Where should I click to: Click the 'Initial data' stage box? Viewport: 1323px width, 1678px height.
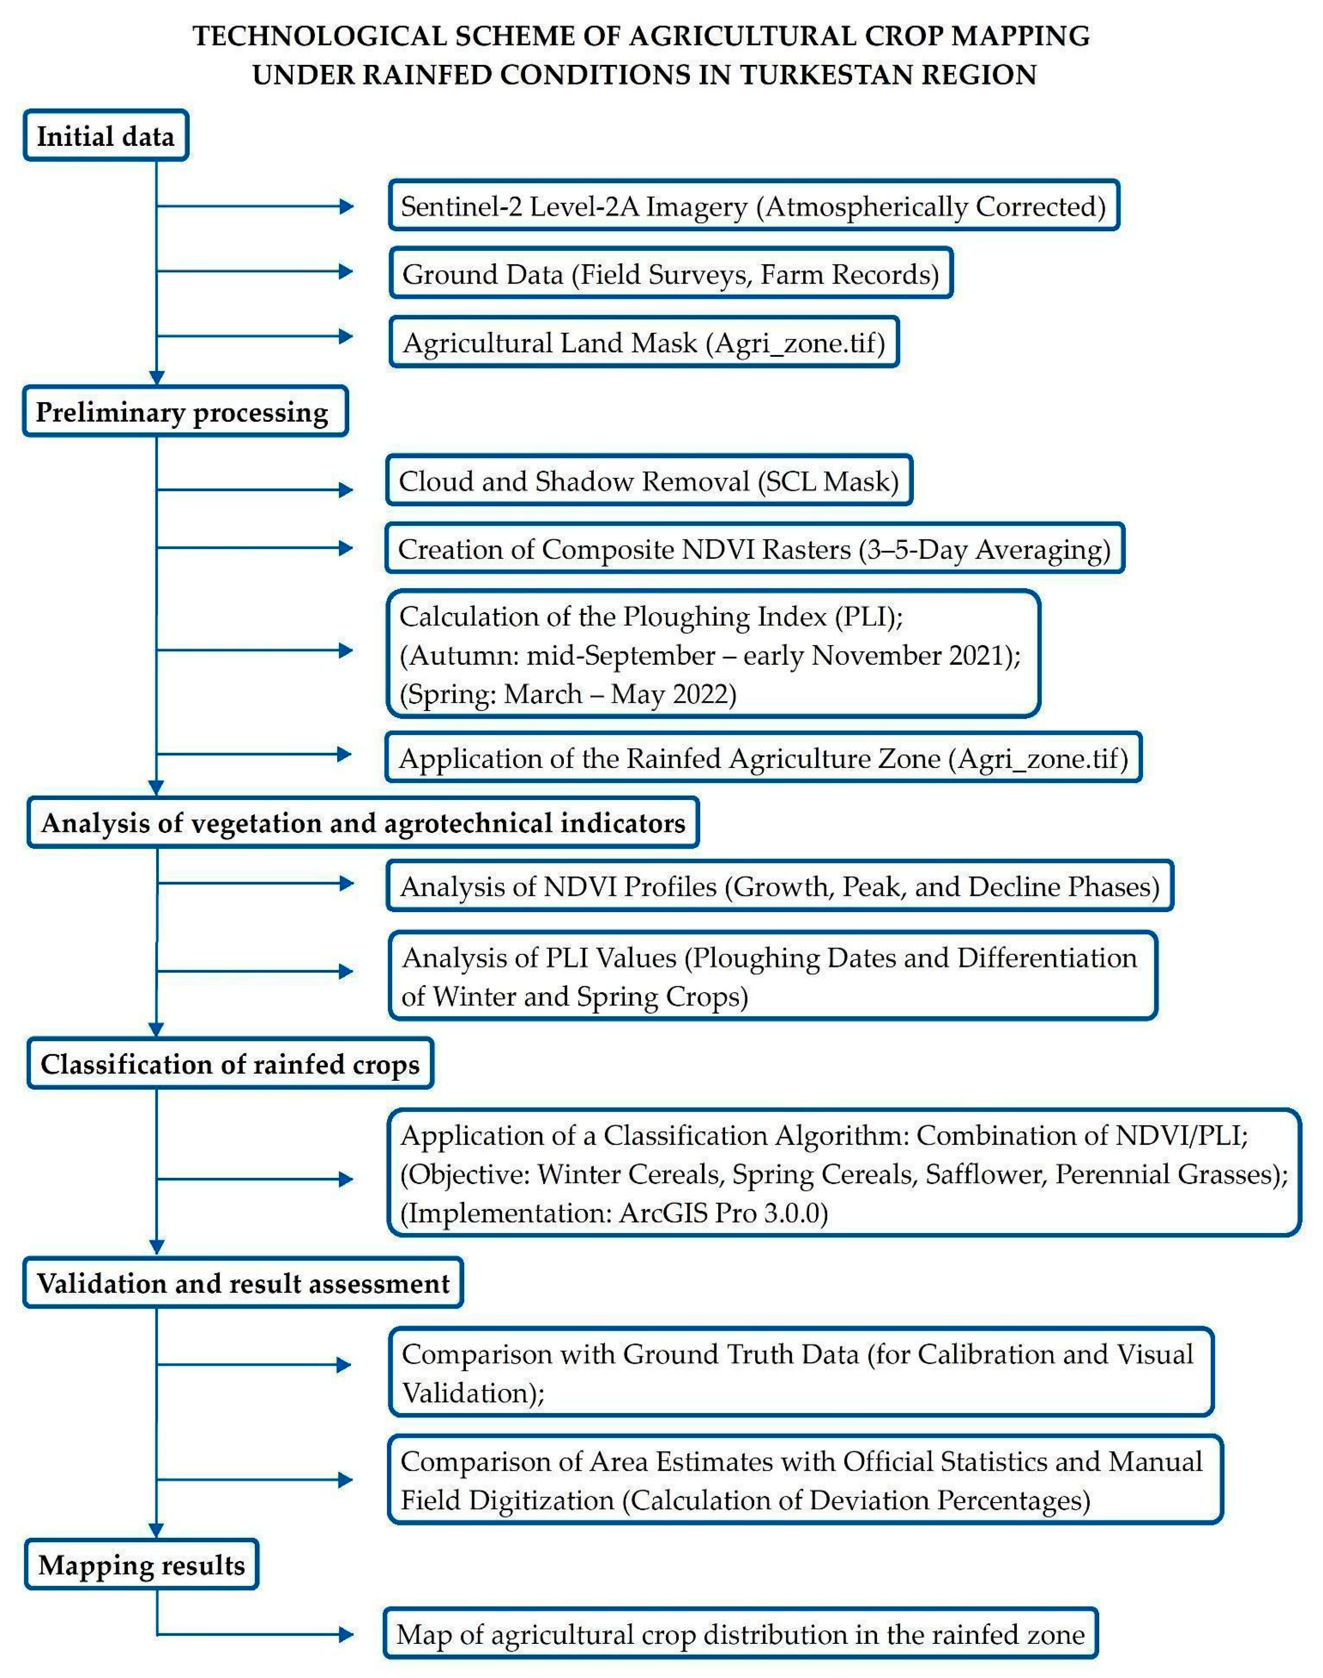click(x=106, y=136)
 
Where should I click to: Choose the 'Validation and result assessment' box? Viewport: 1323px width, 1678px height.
click(x=243, y=1283)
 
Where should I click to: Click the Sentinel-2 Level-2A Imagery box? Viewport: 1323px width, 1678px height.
click(x=753, y=206)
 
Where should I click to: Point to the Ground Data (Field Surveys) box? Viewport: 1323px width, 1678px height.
click(x=671, y=273)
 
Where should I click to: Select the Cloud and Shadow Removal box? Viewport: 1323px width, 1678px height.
click(x=648, y=481)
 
